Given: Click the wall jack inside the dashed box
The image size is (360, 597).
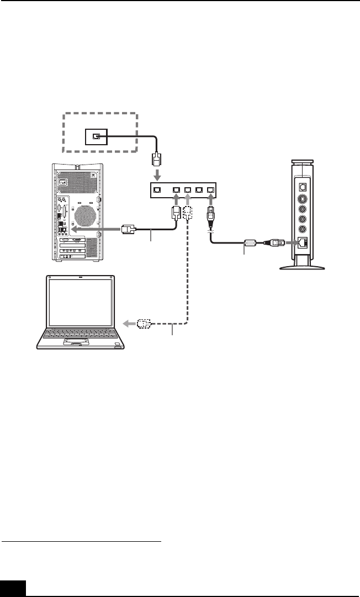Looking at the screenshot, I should [96, 137].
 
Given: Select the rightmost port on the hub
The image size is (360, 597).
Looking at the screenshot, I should [211, 190].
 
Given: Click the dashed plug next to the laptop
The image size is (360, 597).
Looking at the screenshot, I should [144, 323].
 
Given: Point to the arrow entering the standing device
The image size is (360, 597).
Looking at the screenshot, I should [290, 241].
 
